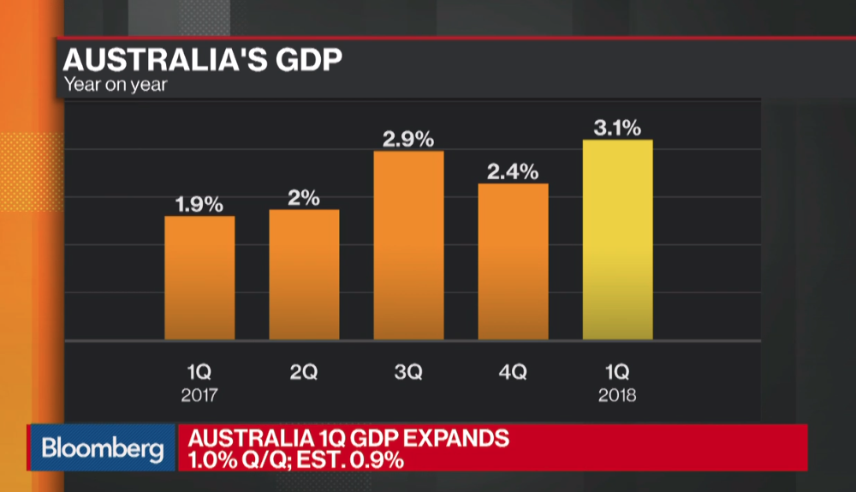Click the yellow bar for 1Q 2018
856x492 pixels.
tap(617, 240)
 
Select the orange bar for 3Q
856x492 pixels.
tap(408, 245)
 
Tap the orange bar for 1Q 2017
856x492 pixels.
tap(199, 278)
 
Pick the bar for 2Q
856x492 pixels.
tap(304, 274)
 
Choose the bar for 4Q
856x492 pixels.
tap(513, 261)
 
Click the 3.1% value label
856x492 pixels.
tap(617, 129)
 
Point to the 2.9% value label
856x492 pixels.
tap(408, 139)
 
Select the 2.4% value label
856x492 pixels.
tap(513, 171)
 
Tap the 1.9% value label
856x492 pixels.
tap(199, 204)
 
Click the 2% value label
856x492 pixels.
tap(304, 198)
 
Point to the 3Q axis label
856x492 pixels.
tap(408, 372)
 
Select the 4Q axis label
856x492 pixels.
tap(513, 372)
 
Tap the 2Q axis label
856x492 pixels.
tap(304, 372)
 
